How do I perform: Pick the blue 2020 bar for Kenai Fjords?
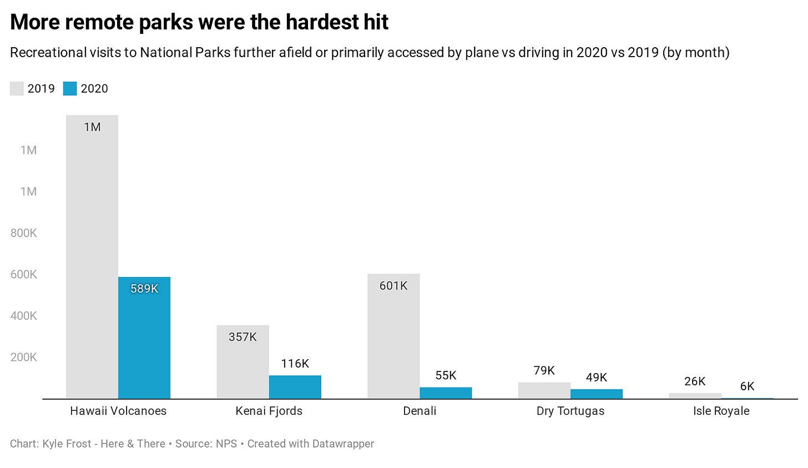(295, 387)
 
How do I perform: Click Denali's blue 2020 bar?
(446, 393)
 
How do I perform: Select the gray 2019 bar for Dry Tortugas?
(544, 390)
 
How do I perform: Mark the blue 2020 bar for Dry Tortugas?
(596, 394)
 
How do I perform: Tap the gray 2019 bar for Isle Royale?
(695, 396)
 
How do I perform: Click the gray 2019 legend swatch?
(17, 89)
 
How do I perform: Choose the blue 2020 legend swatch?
(70, 89)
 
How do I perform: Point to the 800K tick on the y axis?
(24, 233)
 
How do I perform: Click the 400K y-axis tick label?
(24, 316)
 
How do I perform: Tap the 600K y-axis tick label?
(24, 275)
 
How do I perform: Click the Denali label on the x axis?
(420, 411)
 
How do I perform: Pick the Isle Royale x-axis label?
(721, 411)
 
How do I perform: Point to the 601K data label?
(393, 286)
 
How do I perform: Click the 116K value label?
(295, 364)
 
